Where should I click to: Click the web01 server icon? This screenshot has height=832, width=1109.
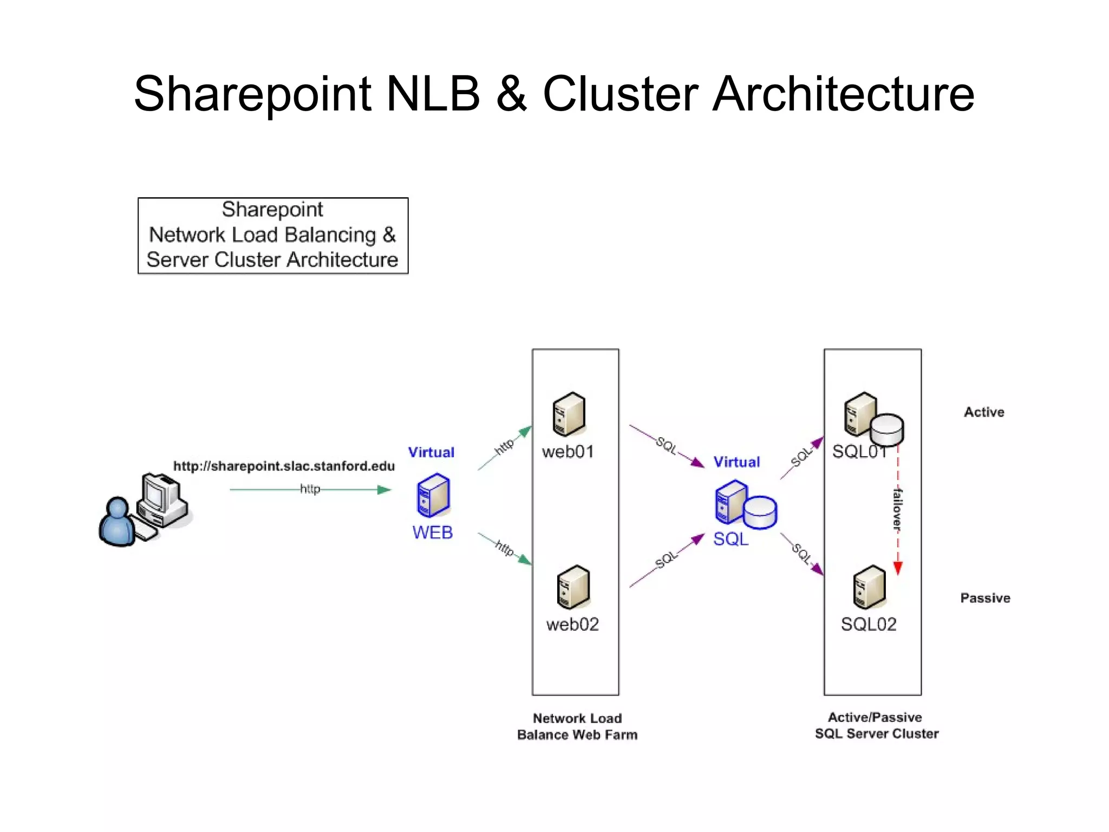click(x=569, y=414)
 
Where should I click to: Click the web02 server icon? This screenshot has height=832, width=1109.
click(x=573, y=587)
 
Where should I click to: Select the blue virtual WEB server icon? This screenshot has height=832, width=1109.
click(x=433, y=495)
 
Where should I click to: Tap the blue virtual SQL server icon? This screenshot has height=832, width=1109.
click(x=745, y=505)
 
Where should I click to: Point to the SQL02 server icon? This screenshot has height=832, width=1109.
click(x=869, y=587)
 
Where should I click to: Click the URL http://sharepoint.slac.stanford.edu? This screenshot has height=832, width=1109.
click(x=284, y=466)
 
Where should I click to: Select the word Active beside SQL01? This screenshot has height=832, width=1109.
click(x=984, y=412)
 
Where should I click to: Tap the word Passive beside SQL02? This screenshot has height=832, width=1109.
click(x=985, y=598)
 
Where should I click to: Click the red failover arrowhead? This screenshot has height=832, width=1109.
click(x=897, y=568)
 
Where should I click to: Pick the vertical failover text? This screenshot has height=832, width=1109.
click(x=897, y=509)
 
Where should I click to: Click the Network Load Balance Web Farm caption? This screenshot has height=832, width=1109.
click(x=577, y=726)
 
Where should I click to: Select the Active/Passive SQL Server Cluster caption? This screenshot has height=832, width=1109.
click(x=876, y=725)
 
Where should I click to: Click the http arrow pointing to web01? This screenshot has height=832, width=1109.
click(x=505, y=447)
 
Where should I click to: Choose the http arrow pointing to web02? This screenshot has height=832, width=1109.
click(x=505, y=549)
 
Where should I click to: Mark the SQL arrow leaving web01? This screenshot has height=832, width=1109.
click(x=667, y=446)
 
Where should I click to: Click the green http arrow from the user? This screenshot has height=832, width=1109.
click(x=310, y=490)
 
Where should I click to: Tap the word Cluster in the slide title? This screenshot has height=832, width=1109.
click(x=621, y=94)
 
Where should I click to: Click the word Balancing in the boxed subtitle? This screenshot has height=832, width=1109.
click(x=330, y=235)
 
